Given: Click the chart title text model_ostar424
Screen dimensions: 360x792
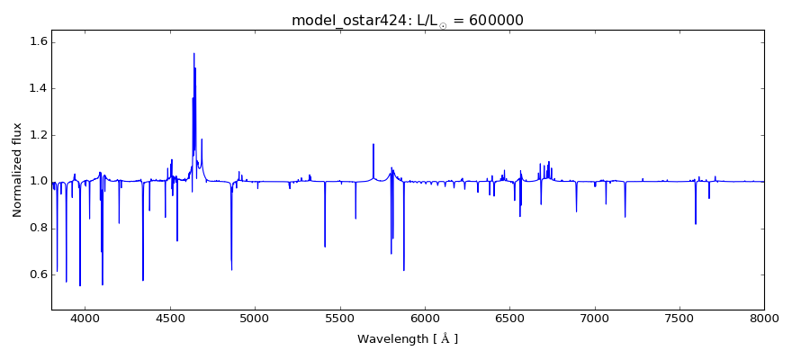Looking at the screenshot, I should pos(347,21).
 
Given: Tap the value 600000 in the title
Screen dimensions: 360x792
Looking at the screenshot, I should pos(495,21).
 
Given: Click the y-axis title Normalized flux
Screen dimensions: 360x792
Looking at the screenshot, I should pos(17,170).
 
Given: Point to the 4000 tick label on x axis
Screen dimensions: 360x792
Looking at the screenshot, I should pos(85,318).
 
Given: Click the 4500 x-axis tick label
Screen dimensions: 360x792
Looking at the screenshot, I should pos(170,318).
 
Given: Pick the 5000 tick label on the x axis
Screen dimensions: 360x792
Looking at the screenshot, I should pos(255,318).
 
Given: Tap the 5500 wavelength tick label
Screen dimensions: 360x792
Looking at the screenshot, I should pos(339,318).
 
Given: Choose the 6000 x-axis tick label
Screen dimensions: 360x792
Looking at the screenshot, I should pos(425,318).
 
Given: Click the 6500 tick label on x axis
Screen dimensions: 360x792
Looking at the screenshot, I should pos(509,318).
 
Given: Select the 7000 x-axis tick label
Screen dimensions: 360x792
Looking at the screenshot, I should pos(594,318).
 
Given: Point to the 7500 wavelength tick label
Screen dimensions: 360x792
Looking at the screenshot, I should pos(679,318).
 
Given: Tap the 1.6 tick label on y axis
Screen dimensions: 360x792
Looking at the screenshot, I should pos(37,42).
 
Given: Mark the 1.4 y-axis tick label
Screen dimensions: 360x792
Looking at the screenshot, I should pos(37,89).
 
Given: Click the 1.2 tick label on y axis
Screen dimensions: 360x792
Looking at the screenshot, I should pos(37,135).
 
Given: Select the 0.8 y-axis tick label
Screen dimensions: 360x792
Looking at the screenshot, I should pos(37,228).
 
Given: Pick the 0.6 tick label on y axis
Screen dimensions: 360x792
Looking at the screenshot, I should pos(37,274).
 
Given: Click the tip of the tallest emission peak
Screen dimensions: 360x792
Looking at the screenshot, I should pos(193,53).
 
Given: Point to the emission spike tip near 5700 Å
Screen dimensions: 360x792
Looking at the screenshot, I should pos(373,144).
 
